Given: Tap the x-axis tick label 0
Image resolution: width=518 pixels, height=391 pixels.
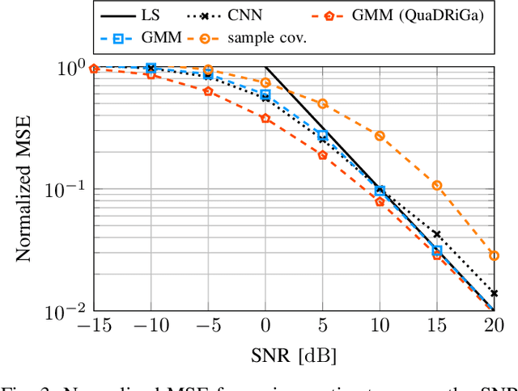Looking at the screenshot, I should coord(265,327).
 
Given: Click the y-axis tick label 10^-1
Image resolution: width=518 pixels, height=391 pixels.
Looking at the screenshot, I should coord(66,190).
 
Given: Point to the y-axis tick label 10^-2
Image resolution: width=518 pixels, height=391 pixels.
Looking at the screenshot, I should coord(66,311).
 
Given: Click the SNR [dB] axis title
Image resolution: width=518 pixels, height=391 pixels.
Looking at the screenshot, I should coord(294,355).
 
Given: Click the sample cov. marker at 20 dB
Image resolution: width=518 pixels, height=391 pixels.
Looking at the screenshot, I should coord(494,255).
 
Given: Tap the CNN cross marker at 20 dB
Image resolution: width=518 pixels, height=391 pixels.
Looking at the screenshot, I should coord(494,293).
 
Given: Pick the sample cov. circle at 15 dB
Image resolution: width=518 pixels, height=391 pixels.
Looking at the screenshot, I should coord(437,185).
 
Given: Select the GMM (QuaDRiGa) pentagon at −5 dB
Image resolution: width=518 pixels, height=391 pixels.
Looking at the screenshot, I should coord(208,91).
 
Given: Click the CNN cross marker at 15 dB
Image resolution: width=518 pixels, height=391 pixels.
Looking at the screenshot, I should coord(437,234).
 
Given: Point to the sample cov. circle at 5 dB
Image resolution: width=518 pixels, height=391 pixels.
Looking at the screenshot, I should coord(323,103).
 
